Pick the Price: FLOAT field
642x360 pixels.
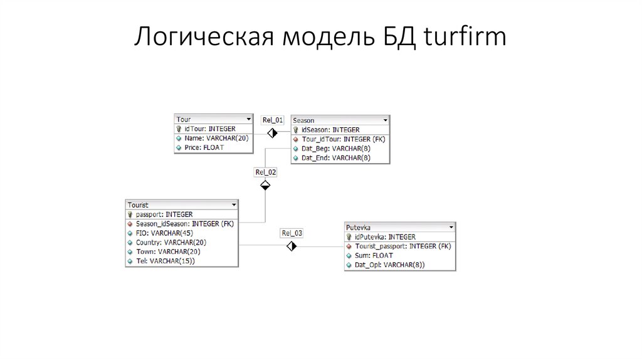(x=204, y=147)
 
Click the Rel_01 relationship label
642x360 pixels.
(x=273, y=120)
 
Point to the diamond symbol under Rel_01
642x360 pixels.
(x=273, y=132)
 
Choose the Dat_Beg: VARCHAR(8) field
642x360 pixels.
(x=335, y=149)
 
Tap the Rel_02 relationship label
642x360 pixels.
(x=265, y=172)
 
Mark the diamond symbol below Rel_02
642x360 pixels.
(x=265, y=184)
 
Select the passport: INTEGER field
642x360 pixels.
(x=165, y=214)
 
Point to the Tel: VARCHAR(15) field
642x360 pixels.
(x=165, y=260)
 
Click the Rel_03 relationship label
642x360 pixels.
(x=292, y=233)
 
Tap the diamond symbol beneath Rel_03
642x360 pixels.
(x=292, y=246)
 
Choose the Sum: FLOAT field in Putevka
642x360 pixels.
(x=374, y=255)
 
